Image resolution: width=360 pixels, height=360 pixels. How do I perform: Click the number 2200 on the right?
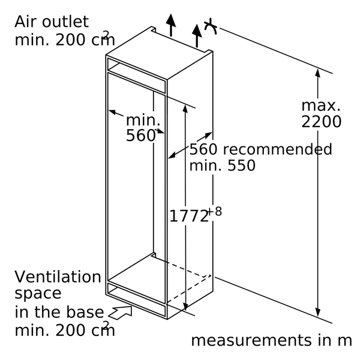coord(321,122)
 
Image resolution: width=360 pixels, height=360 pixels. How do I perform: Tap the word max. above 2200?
coord(321,106)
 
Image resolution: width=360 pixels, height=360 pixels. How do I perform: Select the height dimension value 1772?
coord(189,216)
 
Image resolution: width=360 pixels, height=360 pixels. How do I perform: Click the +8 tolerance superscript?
coord(215,211)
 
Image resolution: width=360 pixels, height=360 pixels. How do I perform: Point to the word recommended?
coord(278,149)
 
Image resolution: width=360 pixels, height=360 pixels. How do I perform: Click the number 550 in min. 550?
coord(241,166)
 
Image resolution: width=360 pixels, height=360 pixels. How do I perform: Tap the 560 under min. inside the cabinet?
coord(141,136)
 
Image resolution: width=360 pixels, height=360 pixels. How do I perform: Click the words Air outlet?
coord(52,22)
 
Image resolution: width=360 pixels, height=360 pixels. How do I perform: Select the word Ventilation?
coord(58,277)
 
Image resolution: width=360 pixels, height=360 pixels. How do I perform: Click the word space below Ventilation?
coord(38,293)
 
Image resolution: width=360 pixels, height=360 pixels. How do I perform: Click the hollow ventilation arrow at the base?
coord(120,312)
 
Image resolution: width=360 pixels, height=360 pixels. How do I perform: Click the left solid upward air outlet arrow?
coord(171,25)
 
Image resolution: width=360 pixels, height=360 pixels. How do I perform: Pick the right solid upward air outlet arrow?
coord(197,35)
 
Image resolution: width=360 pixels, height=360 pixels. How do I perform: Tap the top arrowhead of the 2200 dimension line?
coord(318,73)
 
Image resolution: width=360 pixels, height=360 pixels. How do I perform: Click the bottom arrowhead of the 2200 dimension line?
coord(318,313)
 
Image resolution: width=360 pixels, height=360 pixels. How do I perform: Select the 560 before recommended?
coord(203,149)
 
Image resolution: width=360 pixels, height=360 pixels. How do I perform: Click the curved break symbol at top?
coord(211,26)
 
